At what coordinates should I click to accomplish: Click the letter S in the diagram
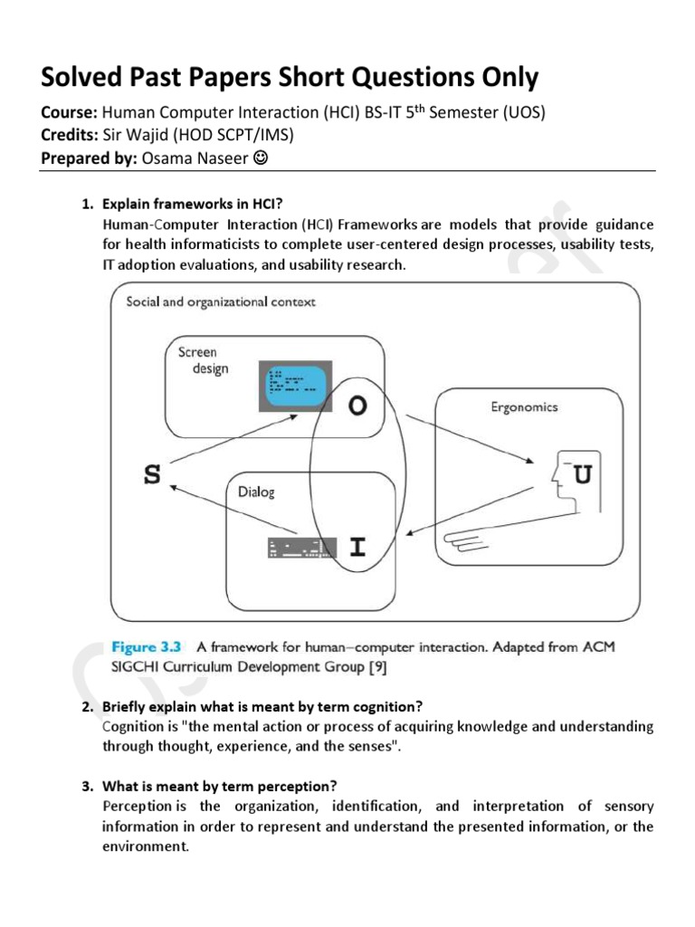coord(153,475)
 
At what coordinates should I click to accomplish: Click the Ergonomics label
coord(524,406)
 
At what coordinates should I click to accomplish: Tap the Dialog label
coord(257,492)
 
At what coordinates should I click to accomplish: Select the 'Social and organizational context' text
coord(221,302)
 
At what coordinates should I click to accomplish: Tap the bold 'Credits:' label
coord(71,135)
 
